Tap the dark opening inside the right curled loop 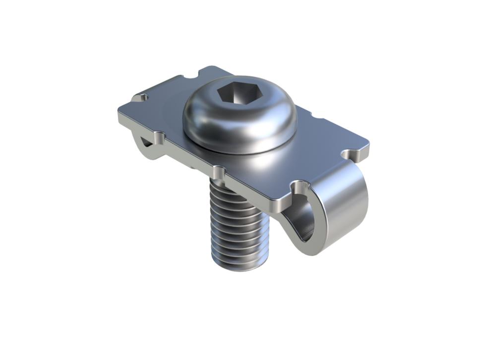click(x=307, y=218)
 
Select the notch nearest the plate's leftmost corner click(x=143, y=98)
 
